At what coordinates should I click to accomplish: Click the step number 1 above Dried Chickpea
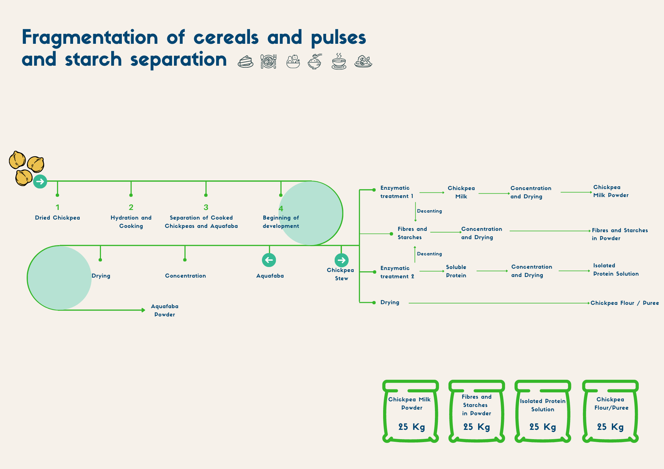[x=57, y=208]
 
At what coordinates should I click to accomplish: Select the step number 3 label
[x=206, y=208]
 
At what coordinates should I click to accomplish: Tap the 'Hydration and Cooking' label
[x=131, y=222]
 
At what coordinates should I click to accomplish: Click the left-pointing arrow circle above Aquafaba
[x=269, y=260]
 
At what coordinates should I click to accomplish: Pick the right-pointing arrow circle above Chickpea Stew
[x=341, y=260]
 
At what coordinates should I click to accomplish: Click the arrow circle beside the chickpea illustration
[x=40, y=181]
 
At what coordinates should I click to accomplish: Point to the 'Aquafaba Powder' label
[x=165, y=310]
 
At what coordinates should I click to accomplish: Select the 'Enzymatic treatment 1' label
[x=397, y=192]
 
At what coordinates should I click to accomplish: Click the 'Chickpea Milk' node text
[x=461, y=192]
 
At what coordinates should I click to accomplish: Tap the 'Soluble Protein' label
[x=456, y=271]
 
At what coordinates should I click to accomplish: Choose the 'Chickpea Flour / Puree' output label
[x=624, y=303]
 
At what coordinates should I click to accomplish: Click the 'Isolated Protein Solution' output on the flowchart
[x=616, y=270]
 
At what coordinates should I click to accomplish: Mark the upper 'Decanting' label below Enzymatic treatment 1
[x=429, y=211]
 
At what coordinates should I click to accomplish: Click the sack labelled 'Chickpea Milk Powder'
[x=411, y=411]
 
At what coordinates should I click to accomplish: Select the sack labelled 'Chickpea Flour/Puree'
[x=611, y=411]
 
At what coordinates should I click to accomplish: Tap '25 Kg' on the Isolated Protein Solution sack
[x=542, y=427]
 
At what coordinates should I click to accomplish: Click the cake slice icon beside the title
[x=246, y=62]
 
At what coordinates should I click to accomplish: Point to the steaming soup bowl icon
[x=339, y=61]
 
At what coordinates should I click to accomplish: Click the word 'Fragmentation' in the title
[x=90, y=37]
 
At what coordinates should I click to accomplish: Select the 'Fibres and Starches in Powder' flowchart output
[x=620, y=234]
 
